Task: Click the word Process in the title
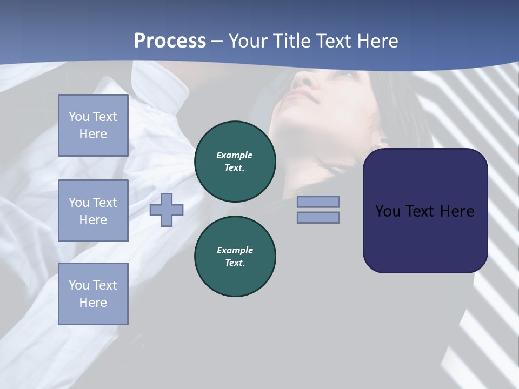pos(170,41)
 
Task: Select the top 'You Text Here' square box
pos(93,125)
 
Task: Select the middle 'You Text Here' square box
pos(93,211)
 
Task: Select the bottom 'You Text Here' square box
pos(93,294)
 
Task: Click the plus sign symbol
pos(167,210)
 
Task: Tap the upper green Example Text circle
pos(235,162)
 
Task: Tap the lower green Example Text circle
pos(235,257)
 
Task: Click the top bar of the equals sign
pos(318,202)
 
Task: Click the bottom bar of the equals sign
pos(318,217)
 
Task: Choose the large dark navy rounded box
pos(425,211)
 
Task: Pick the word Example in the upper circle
pos(234,155)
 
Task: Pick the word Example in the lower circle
pos(234,250)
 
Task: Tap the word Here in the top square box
pos(93,134)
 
